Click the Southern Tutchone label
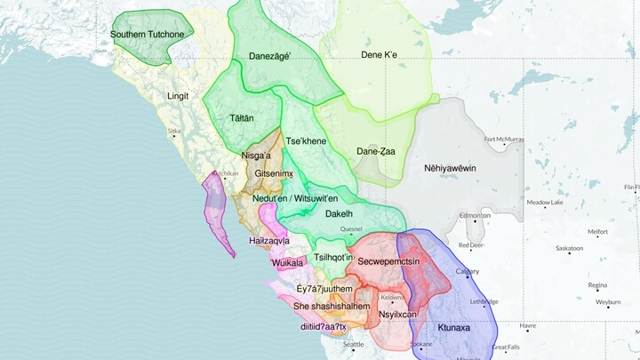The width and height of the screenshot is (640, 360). pyautogui.click(x=148, y=35)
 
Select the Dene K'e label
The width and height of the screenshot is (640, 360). pyautogui.click(x=379, y=55)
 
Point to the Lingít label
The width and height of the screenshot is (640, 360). pyautogui.click(x=178, y=95)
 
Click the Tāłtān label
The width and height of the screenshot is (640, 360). pyautogui.click(x=241, y=117)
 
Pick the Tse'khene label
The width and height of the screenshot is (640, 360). pyautogui.click(x=306, y=141)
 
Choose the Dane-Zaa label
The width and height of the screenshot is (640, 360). pyautogui.click(x=375, y=151)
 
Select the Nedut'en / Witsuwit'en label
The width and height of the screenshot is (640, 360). pyautogui.click(x=295, y=199)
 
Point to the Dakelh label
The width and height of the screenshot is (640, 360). pyautogui.click(x=339, y=214)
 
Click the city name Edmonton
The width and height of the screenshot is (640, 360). pyautogui.click(x=475, y=216)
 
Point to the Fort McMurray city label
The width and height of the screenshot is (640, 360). pyautogui.click(x=502, y=139)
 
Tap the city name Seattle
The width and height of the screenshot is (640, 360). pyautogui.click(x=353, y=344)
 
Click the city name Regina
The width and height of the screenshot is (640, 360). pyautogui.click(x=597, y=285)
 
